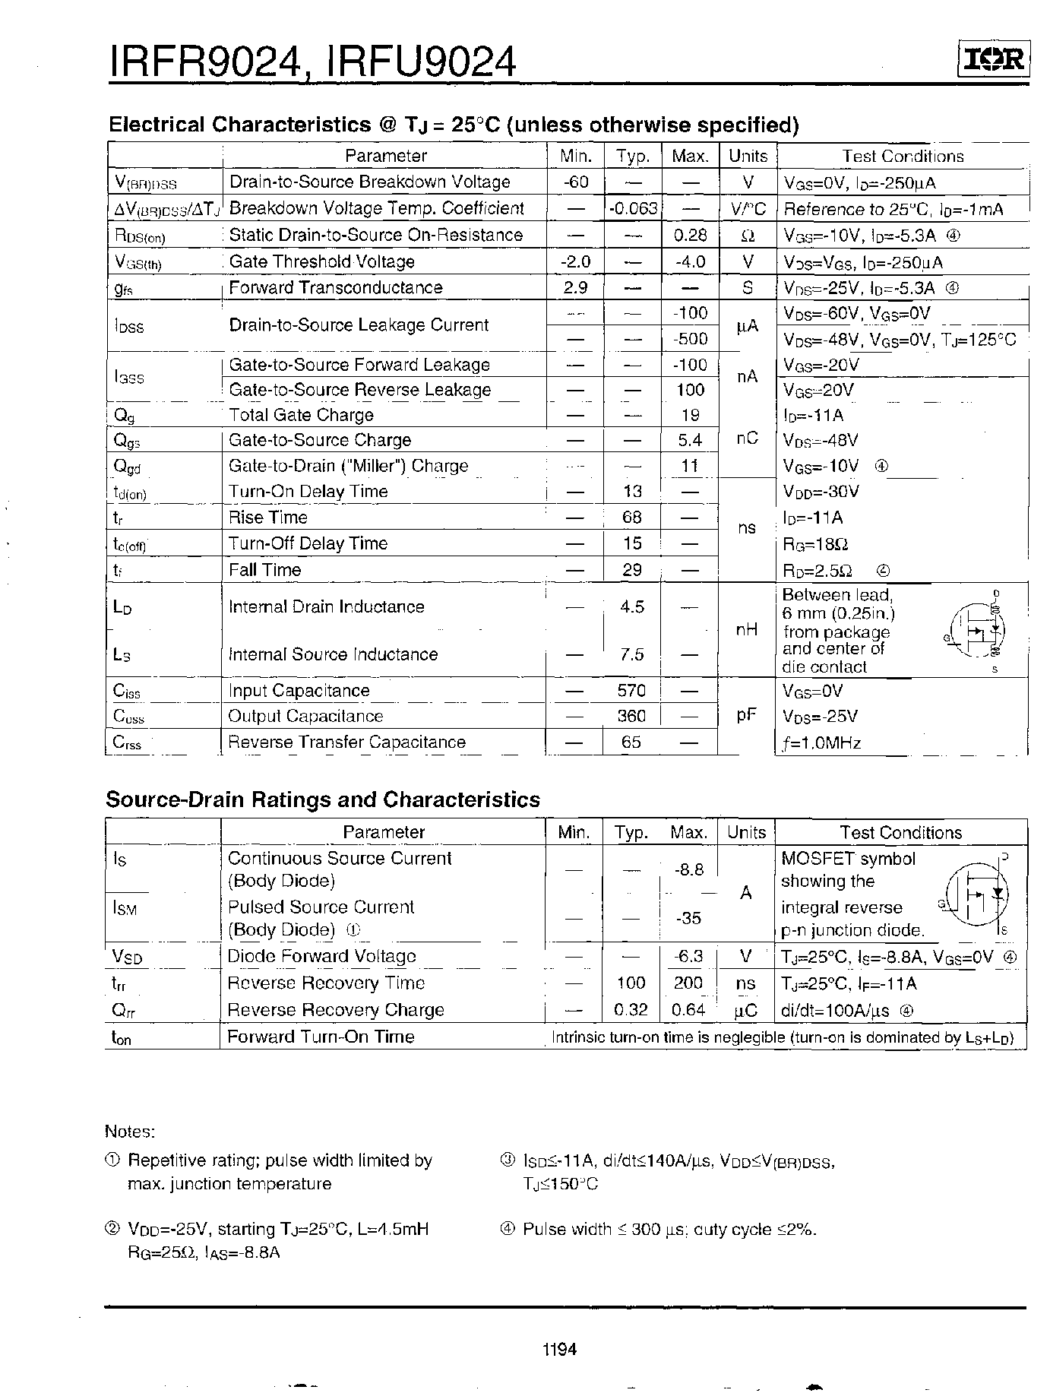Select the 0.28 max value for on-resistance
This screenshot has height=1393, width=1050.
coord(690,235)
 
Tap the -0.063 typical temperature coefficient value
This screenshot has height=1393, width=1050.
coord(634,208)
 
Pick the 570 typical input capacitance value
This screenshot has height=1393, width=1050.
coord(631,690)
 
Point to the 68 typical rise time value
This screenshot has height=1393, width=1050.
coord(631,517)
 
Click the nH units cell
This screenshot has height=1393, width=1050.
coord(746,629)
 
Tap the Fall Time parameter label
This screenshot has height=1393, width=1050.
coord(264,569)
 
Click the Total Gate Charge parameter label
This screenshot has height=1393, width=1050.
coord(301,415)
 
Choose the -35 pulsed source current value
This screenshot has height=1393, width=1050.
coord(688,918)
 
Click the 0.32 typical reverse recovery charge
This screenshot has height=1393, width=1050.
coord(630,1009)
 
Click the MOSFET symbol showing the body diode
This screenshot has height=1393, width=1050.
coord(976,894)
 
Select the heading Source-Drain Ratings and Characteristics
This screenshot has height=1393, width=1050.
coord(322,799)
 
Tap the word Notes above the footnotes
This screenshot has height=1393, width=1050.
coord(129,1132)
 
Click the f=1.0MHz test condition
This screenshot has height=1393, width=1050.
coord(821,742)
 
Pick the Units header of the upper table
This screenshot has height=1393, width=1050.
coord(748,156)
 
